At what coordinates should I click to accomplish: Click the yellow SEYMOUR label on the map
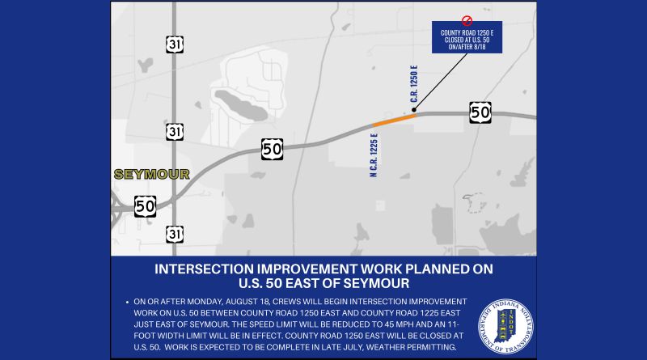[x=152, y=174]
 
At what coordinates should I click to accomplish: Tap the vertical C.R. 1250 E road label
[x=414, y=84]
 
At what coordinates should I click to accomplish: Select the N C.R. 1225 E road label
[x=374, y=155]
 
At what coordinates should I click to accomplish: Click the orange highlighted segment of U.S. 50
[x=395, y=121]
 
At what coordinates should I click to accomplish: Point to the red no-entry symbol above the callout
[x=467, y=20]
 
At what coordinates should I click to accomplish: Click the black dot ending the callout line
[x=414, y=110]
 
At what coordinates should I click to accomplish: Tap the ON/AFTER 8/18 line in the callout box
[x=467, y=47]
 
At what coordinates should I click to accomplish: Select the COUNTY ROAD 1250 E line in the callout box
[x=467, y=32]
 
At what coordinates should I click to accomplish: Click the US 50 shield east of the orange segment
[x=480, y=112]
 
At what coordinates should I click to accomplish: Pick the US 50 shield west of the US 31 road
[x=146, y=206]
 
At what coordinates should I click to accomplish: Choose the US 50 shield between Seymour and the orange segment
[x=273, y=149]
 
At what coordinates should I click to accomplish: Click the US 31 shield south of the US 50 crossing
[x=175, y=234]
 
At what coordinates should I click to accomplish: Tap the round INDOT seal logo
[x=505, y=327]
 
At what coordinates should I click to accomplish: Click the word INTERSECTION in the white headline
[x=204, y=269]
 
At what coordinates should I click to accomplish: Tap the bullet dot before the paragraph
[x=127, y=303]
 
